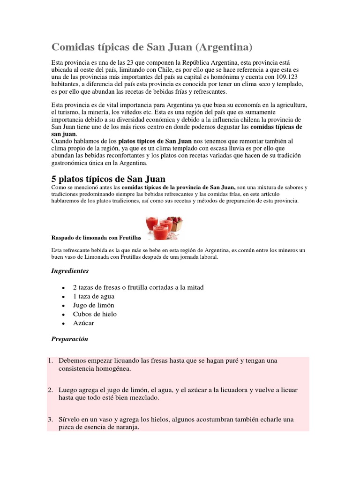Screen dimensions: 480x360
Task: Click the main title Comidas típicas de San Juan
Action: click(x=152, y=47)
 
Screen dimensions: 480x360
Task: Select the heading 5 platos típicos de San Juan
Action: click(x=107, y=179)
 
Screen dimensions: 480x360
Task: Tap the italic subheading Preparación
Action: click(x=69, y=339)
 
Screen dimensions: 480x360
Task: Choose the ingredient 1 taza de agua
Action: click(x=93, y=296)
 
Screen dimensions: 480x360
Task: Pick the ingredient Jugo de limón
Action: click(x=93, y=305)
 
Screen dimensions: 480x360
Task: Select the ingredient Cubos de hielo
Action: click(x=95, y=314)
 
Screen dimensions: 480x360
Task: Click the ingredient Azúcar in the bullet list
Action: click(x=83, y=323)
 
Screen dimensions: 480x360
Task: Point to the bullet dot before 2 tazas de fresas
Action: click(x=62, y=288)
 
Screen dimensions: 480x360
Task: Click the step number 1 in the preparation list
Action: click(x=50, y=360)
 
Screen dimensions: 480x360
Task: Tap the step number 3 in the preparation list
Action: click(x=50, y=420)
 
